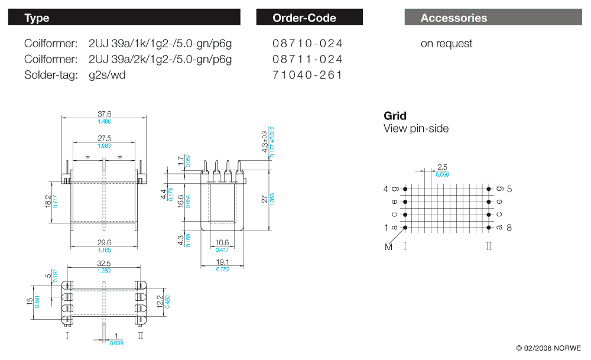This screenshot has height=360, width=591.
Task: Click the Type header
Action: coord(37,18)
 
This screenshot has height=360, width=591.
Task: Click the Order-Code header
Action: coord(304,18)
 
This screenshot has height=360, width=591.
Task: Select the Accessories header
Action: coord(453,18)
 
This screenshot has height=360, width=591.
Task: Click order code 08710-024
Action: coord(307,43)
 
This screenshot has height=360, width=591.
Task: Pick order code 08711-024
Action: coord(307,59)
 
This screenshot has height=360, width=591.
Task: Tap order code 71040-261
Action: coord(307,75)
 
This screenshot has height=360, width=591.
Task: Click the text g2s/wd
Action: coord(107,75)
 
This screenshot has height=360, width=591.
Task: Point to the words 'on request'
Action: coord(446,43)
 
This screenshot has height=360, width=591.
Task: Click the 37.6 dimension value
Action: coord(104,114)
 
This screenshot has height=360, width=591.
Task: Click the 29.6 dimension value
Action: coord(104,242)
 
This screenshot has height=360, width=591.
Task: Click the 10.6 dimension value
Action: coord(222,243)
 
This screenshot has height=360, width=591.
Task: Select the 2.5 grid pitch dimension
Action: coord(442,167)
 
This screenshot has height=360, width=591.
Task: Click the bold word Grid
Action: coord(395,116)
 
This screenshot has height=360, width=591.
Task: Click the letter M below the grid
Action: coord(388,247)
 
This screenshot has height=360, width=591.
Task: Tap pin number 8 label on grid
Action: coord(509,228)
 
